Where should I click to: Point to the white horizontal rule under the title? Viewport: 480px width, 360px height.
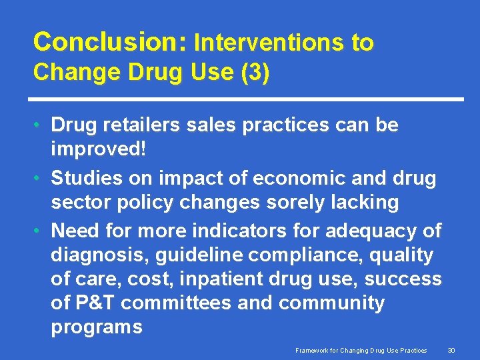(248, 99)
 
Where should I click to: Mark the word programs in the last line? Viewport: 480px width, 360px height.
(96, 327)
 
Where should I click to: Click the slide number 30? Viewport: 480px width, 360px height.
(451, 350)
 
